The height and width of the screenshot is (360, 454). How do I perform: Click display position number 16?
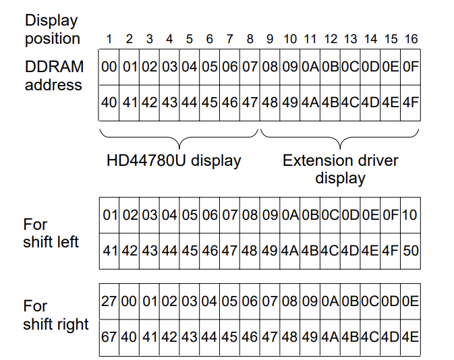tap(411, 39)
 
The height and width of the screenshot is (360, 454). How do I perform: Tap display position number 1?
tap(109, 39)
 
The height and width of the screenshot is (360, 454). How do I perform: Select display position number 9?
tap(270, 39)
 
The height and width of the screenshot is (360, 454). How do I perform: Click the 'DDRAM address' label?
tap(54, 76)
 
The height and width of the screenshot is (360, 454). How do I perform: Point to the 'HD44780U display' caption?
tap(173, 160)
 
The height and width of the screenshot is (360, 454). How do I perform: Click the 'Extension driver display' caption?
tap(340, 169)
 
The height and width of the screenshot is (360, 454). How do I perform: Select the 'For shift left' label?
tap(51, 233)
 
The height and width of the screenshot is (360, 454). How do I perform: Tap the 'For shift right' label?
tap(56, 315)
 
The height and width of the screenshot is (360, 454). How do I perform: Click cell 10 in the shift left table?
tap(410, 215)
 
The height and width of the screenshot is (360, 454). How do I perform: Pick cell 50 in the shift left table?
tap(410, 250)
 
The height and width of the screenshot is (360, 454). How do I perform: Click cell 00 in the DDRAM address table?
tap(109, 67)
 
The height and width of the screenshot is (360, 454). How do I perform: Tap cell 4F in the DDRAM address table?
tap(410, 103)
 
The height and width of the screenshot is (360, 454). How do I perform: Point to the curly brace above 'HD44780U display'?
tap(179, 137)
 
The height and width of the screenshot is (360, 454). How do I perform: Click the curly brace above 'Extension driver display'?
tap(340, 137)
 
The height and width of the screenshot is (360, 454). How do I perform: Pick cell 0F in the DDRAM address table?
tap(410, 67)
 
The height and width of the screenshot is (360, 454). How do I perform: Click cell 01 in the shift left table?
tap(110, 215)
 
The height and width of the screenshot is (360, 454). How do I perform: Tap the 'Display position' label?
tap(52, 30)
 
